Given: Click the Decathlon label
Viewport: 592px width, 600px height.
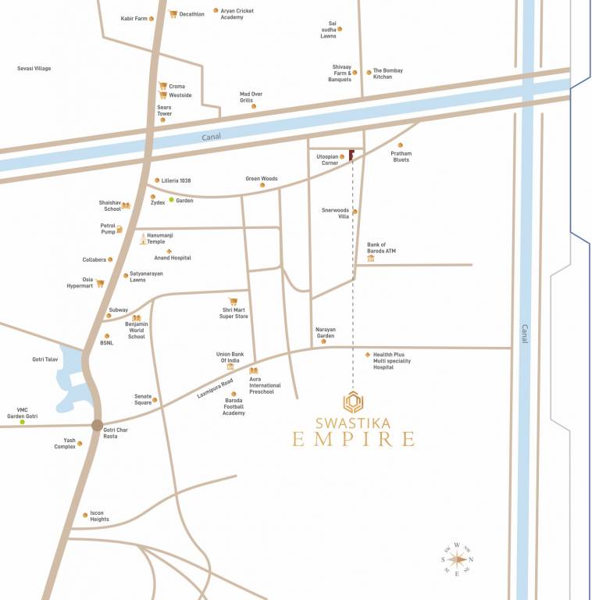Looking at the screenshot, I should pos(191,14).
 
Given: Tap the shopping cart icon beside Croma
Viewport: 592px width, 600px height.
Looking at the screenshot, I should pos(162,86).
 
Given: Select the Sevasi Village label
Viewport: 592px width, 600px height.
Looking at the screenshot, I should pos(34,69).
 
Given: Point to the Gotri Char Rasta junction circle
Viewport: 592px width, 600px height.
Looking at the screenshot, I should pos(97,426).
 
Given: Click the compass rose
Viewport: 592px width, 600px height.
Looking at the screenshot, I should pos(458,559).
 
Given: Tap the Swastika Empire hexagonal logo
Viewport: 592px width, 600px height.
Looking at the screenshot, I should pos(353,402).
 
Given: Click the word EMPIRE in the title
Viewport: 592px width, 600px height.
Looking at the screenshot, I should pos(353,438).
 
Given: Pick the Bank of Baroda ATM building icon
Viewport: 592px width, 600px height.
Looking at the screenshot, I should pos(371,258).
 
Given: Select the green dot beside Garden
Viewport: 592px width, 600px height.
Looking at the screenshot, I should pos(172,201).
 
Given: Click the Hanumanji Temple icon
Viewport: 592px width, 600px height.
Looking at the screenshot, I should pos(143,239).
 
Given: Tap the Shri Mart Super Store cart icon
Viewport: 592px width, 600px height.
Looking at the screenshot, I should pos(233,301).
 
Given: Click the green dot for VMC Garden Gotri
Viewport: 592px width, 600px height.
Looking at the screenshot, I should pos(22,423).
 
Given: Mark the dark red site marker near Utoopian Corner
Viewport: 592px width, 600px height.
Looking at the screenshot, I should pos(351,155).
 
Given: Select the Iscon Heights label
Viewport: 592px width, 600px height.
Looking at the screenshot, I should pos(99,516).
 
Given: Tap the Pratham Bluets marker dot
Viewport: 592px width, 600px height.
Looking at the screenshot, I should pos(401,145).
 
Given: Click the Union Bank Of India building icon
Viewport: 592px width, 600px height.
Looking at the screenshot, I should pos(230,366).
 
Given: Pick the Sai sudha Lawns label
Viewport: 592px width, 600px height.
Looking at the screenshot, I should pos(328,30).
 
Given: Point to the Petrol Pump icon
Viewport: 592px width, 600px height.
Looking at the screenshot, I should pos(119,229).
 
